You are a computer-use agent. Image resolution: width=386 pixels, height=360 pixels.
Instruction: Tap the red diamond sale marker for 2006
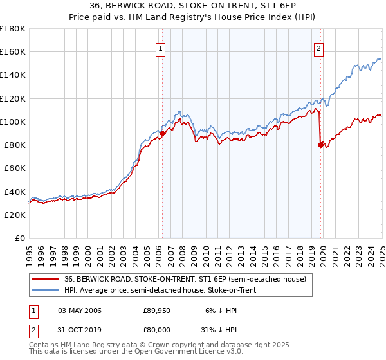(162, 133)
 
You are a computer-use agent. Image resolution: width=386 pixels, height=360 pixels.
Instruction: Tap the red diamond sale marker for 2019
(320, 145)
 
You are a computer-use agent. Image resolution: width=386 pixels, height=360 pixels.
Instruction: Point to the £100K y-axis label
(13, 122)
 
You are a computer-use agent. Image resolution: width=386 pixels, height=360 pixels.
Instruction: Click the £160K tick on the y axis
(13, 51)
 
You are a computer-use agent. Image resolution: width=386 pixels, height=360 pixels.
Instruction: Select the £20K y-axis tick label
(15, 215)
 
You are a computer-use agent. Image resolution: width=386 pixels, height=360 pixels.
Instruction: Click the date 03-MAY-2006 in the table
(79, 310)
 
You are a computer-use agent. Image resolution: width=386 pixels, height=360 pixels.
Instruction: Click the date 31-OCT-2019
(79, 328)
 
